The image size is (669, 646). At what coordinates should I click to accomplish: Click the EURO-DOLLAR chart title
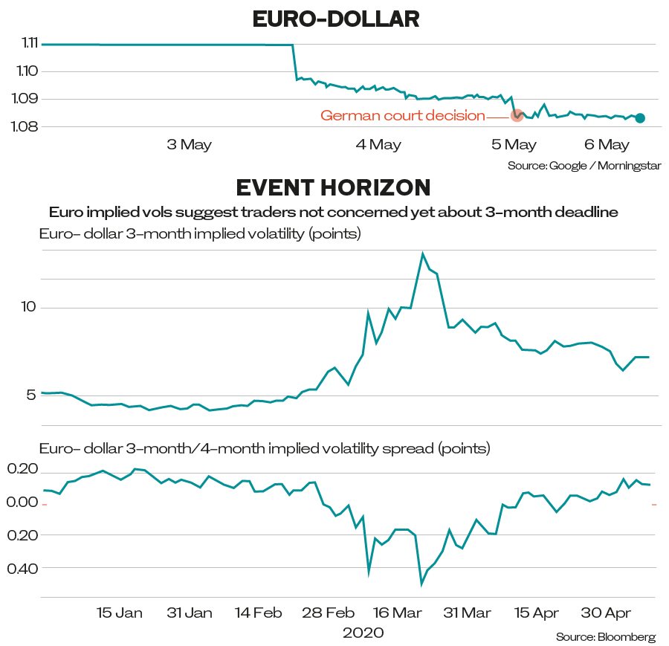click(336, 19)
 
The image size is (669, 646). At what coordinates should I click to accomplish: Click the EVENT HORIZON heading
click(333, 186)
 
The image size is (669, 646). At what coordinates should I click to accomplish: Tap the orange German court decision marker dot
click(517, 115)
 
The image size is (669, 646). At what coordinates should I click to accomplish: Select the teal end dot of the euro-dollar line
click(640, 117)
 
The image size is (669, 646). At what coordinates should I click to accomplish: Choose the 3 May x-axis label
click(189, 145)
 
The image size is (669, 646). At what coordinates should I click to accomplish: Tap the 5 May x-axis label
click(514, 145)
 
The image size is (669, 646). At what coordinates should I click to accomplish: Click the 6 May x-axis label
click(606, 145)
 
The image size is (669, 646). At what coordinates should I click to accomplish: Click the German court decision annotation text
click(402, 116)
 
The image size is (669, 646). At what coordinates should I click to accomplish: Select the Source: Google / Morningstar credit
click(584, 165)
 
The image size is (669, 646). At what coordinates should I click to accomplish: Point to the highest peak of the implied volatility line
click(423, 253)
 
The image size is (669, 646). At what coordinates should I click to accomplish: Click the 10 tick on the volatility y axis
click(28, 307)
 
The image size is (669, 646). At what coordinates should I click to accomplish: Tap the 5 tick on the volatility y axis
click(30, 395)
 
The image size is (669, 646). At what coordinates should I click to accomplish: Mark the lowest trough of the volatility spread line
click(421, 584)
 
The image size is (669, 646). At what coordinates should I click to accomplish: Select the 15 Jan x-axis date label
click(119, 613)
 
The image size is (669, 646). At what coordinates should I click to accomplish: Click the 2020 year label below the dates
click(363, 633)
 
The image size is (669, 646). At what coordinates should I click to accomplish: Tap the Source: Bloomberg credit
click(606, 637)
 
